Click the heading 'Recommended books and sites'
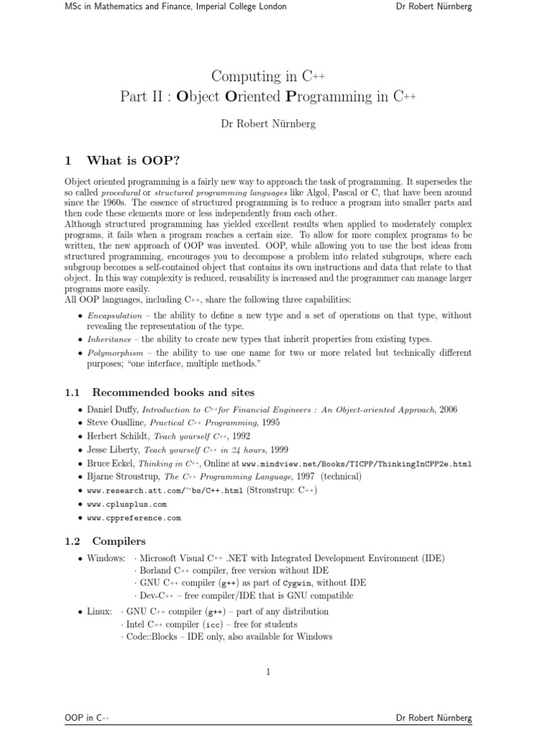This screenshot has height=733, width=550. pos(173,392)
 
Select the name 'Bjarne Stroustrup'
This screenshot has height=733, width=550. pos(123,477)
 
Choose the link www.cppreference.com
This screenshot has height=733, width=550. pos(134,518)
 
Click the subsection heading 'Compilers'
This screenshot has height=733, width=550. pos(119,541)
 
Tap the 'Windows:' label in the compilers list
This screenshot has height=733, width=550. pos(106,558)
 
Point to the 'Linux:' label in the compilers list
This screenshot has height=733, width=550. pos(100,611)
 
